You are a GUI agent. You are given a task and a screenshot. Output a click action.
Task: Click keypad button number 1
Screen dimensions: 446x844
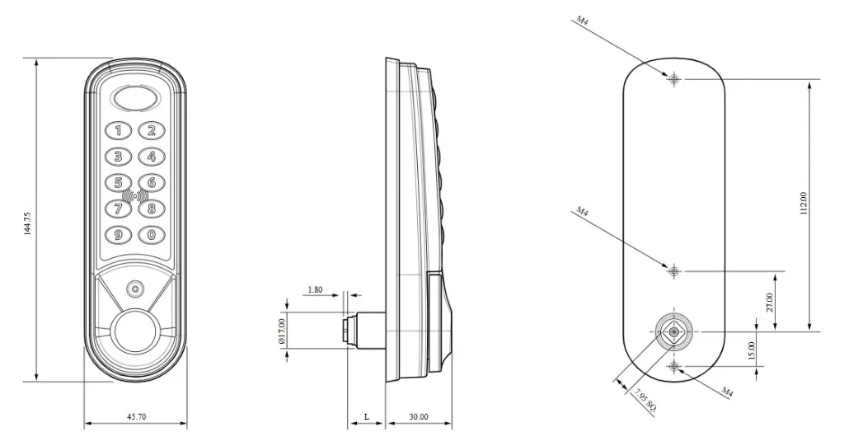click(120, 129)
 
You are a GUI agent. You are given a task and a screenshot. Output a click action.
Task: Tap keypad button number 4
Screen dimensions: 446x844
click(151, 156)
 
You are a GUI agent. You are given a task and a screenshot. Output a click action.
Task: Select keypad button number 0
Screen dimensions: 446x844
click(151, 235)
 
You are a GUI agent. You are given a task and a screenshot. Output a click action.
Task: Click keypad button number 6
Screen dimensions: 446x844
click(151, 182)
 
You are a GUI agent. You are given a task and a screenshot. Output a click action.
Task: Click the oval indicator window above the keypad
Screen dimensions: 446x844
click(135, 98)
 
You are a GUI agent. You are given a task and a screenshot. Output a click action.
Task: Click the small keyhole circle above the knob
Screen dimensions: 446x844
click(134, 289)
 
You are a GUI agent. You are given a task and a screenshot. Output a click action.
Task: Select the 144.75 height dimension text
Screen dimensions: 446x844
click(28, 223)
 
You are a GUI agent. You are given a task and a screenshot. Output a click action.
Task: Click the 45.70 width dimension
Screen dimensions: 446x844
click(137, 417)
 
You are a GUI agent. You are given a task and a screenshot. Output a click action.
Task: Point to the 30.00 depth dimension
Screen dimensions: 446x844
click(419, 417)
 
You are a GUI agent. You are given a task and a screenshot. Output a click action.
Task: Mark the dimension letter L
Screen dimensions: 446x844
click(366, 417)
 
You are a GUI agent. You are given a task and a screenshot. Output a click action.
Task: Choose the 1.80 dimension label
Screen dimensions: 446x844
click(315, 290)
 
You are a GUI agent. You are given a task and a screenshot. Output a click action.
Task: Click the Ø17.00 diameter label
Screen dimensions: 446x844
click(281, 331)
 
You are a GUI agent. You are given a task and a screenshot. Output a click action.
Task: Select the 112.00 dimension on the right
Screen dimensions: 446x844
click(804, 204)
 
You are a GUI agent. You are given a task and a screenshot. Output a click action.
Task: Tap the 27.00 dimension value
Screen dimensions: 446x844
click(770, 302)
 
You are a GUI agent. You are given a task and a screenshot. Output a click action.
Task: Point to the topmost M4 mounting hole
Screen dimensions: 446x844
click(674, 79)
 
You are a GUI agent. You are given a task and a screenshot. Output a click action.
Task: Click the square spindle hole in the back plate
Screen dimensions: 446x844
click(674, 331)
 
